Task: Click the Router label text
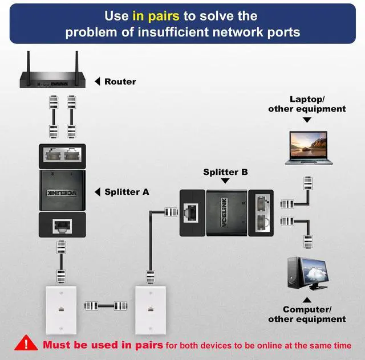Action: click(x=120, y=81)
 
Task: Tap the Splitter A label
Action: click(x=127, y=192)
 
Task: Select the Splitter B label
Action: click(x=225, y=171)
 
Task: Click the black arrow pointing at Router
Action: click(x=97, y=81)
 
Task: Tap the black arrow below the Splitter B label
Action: click(x=225, y=182)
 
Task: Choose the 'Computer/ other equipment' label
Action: click(x=307, y=314)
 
